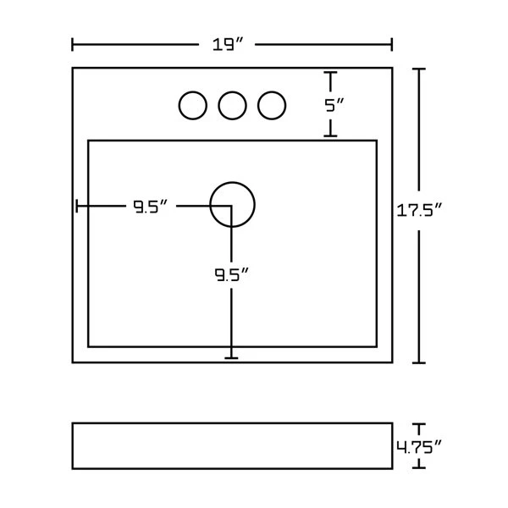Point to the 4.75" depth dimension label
420,445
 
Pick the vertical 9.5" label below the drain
230,274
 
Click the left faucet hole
193,105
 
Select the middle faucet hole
232,105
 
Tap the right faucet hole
271,105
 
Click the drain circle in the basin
232,205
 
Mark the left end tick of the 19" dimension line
73,44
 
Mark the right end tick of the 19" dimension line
391,44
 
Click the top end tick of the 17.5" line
417,69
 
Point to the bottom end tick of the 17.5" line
417,362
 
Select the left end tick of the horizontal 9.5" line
77,206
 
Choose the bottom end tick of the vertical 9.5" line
231,358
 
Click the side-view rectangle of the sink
232,445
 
